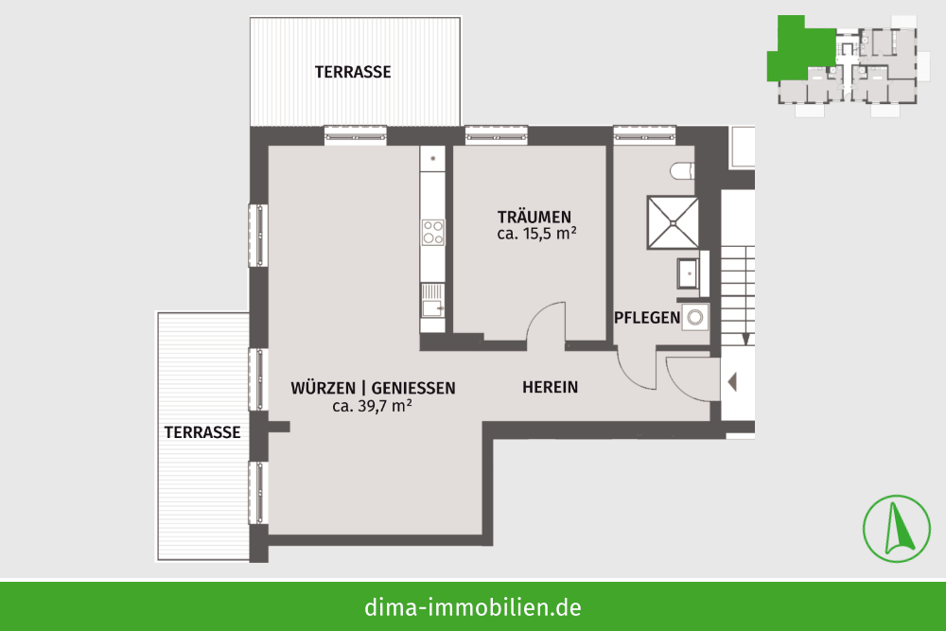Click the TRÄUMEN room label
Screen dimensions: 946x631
point(534,217)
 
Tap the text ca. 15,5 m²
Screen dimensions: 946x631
point(536,234)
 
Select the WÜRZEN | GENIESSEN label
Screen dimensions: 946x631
point(373,388)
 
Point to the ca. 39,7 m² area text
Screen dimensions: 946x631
point(372,406)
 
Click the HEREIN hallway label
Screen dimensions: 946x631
point(551,387)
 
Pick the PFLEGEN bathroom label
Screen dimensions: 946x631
point(647,317)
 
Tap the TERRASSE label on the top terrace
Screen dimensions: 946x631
point(353,72)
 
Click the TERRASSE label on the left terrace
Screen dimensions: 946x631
point(202,432)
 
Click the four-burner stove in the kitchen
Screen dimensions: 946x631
point(432,233)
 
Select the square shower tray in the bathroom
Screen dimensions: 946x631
point(673,222)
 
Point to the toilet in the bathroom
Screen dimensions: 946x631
point(682,170)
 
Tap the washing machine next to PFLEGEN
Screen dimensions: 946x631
point(695,317)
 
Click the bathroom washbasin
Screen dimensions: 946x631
point(688,274)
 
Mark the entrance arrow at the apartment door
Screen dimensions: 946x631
point(732,382)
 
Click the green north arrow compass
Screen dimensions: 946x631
point(897,529)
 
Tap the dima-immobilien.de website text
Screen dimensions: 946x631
point(473,606)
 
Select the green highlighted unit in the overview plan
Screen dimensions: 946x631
point(800,49)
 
